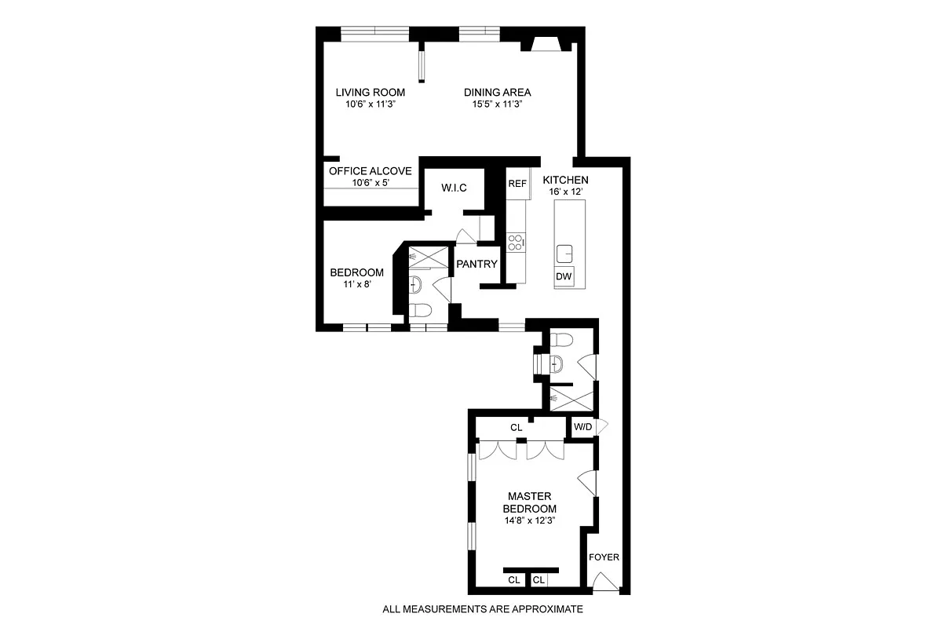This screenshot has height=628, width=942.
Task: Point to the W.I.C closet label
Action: (454, 188)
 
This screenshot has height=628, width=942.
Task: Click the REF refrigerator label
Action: (517, 184)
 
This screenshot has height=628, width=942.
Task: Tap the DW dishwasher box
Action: (564, 276)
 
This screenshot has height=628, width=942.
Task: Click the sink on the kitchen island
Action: (565, 253)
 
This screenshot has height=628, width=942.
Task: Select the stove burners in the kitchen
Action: (515, 241)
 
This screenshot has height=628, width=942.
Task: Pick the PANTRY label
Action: (478, 265)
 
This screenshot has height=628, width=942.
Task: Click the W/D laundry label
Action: (582, 427)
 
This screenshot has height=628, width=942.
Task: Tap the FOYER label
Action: (604, 558)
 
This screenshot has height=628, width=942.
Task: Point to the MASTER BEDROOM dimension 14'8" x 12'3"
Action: (531, 520)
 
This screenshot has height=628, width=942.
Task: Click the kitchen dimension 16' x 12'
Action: (565, 192)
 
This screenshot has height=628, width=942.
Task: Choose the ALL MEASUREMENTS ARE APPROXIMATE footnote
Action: (482, 609)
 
